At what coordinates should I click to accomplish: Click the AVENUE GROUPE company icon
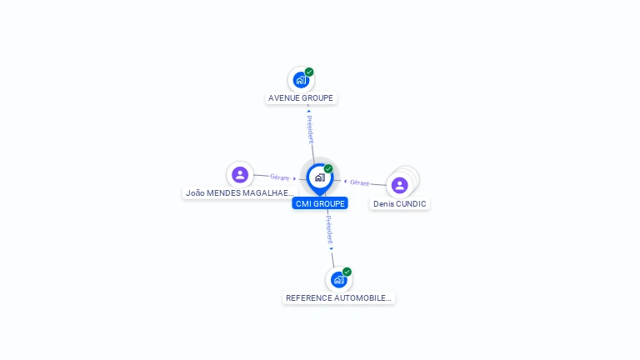(301, 80)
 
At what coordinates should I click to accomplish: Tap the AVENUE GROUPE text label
(301, 98)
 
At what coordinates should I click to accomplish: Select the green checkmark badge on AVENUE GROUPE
(309, 72)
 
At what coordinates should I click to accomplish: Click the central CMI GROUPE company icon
(319, 177)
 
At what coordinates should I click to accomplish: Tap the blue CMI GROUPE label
(320, 203)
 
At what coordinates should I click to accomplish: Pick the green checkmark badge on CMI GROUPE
(328, 168)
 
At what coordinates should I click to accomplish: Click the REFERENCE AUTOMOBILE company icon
(338, 279)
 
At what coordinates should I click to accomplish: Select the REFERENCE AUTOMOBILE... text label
(338, 297)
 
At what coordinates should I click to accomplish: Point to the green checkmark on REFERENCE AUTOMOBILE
(347, 272)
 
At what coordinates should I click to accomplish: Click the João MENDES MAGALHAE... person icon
(240, 174)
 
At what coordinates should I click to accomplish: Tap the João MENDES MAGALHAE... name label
(239, 192)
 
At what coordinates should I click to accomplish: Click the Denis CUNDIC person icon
(399, 185)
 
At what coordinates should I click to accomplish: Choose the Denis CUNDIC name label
(400, 203)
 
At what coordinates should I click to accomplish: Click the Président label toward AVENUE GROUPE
(310, 130)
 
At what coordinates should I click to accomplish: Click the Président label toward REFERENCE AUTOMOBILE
(329, 228)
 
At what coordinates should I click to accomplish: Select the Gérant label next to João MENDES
(279, 177)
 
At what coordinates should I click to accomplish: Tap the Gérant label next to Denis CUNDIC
(359, 182)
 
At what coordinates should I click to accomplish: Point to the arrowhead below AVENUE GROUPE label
(308, 111)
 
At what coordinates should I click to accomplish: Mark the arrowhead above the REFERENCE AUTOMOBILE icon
(332, 248)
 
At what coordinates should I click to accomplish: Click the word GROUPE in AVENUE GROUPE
(315, 98)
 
